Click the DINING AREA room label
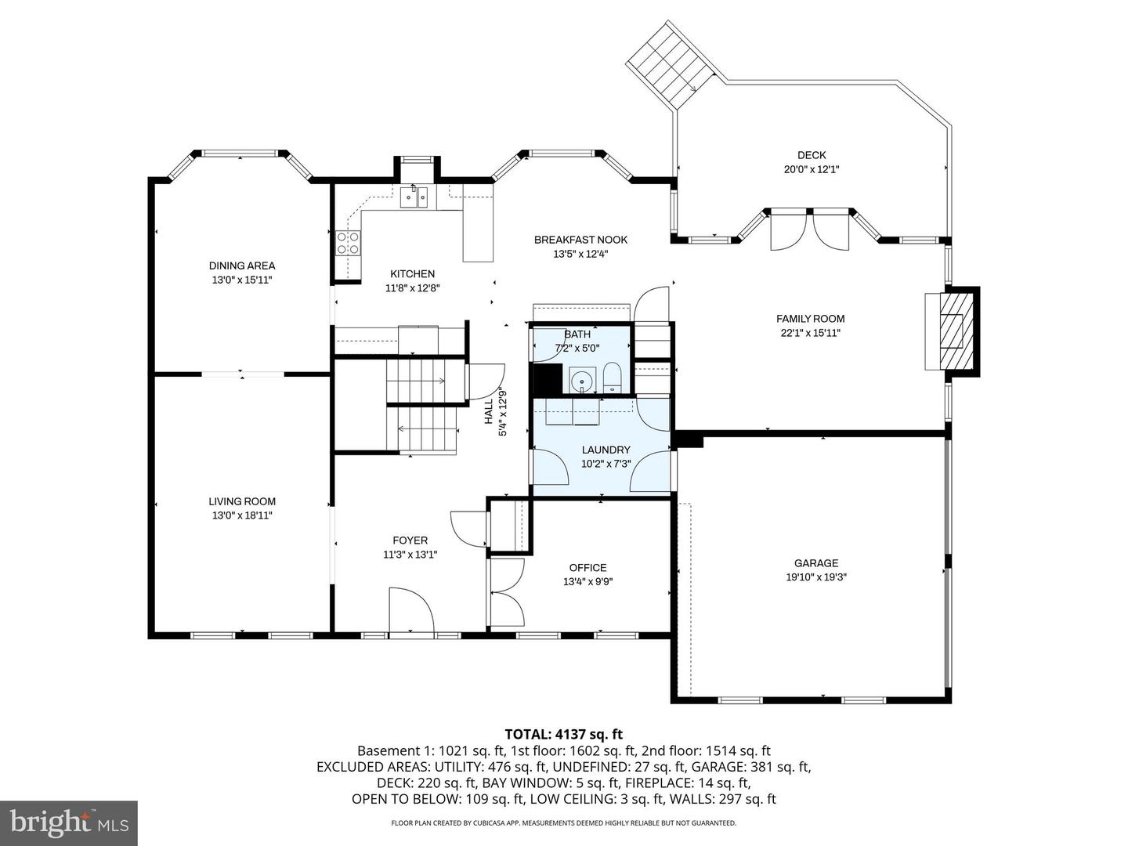(241, 266)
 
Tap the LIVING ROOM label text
(241, 501)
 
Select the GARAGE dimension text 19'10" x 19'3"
(816, 577)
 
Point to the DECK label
(812, 155)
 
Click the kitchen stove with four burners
(348, 244)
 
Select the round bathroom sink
(581, 382)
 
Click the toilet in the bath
(613, 378)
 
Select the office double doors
(506, 592)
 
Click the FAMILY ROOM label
(810, 319)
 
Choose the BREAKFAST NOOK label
(580, 240)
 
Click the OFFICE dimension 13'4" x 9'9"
(587, 582)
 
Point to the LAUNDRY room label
(606, 450)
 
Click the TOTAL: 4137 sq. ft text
(563, 734)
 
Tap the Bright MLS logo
(69, 822)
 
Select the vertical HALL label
(489, 412)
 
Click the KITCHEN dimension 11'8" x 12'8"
(412, 287)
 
